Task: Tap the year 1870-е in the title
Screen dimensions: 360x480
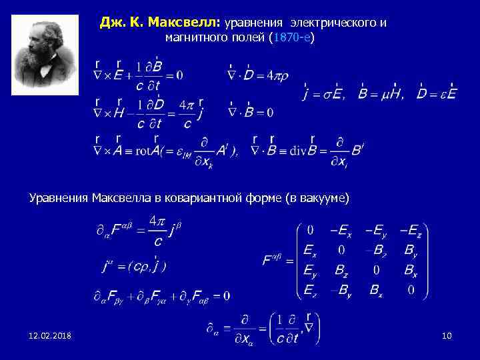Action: point(290,38)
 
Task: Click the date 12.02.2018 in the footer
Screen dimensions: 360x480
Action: point(51,335)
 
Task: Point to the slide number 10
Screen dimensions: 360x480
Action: point(447,335)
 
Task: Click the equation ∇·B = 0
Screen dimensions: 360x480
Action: point(251,111)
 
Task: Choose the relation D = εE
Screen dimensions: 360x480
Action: point(437,94)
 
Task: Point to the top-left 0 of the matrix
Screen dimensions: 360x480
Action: point(310,231)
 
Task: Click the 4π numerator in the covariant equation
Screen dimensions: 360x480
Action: point(156,220)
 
